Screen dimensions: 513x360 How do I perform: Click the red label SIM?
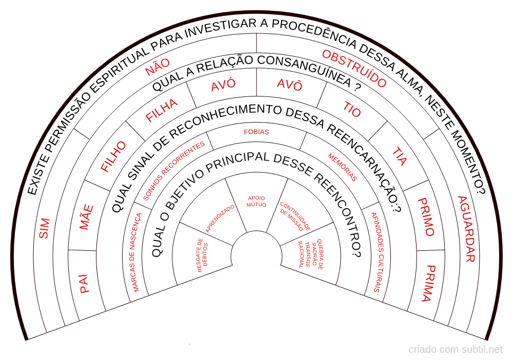click(44, 228)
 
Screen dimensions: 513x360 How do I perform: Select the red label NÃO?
click(157, 67)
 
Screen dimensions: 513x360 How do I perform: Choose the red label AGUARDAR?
click(466, 229)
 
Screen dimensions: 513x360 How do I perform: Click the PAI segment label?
click(84, 284)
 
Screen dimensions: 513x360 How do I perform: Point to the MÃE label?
click(86, 217)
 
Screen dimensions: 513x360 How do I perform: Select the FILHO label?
click(113, 156)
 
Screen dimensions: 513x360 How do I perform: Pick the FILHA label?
click(162, 110)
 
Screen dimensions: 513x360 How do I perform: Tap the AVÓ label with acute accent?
click(223, 85)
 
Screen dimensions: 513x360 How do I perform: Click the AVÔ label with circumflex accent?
click(289, 84)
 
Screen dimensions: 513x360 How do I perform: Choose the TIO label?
click(352, 109)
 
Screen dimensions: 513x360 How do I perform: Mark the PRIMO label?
click(426, 217)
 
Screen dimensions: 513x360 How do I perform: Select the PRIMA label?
click(429, 283)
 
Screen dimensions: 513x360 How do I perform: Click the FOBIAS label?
click(256, 132)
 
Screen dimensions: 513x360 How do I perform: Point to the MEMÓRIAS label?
click(343, 167)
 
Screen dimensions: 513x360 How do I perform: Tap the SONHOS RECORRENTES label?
click(174, 171)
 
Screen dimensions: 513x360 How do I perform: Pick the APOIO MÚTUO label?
click(256, 202)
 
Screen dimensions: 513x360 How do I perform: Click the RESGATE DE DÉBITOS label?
click(203, 255)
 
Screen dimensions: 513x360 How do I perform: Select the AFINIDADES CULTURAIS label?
click(377, 252)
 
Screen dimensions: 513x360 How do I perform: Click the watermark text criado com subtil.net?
click(456, 349)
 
